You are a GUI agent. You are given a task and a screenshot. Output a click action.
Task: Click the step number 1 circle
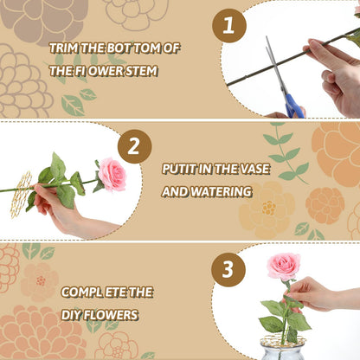pyautogui.click(x=228, y=27)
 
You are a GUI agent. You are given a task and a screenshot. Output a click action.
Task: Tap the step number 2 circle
pyautogui.click(x=133, y=148)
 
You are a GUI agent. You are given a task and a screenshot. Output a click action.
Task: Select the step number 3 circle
pyautogui.click(x=228, y=268)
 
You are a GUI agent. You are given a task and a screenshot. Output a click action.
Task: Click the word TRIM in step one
pyautogui.click(x=64, y=48)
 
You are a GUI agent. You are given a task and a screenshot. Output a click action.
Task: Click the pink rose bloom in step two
pyautogui.click(x=112, y=174)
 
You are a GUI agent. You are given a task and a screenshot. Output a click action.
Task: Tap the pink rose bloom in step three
pyautogui.click(x=283, y=267)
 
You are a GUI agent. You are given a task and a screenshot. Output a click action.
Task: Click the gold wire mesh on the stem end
pyautogui.click(x=22, y=185)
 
